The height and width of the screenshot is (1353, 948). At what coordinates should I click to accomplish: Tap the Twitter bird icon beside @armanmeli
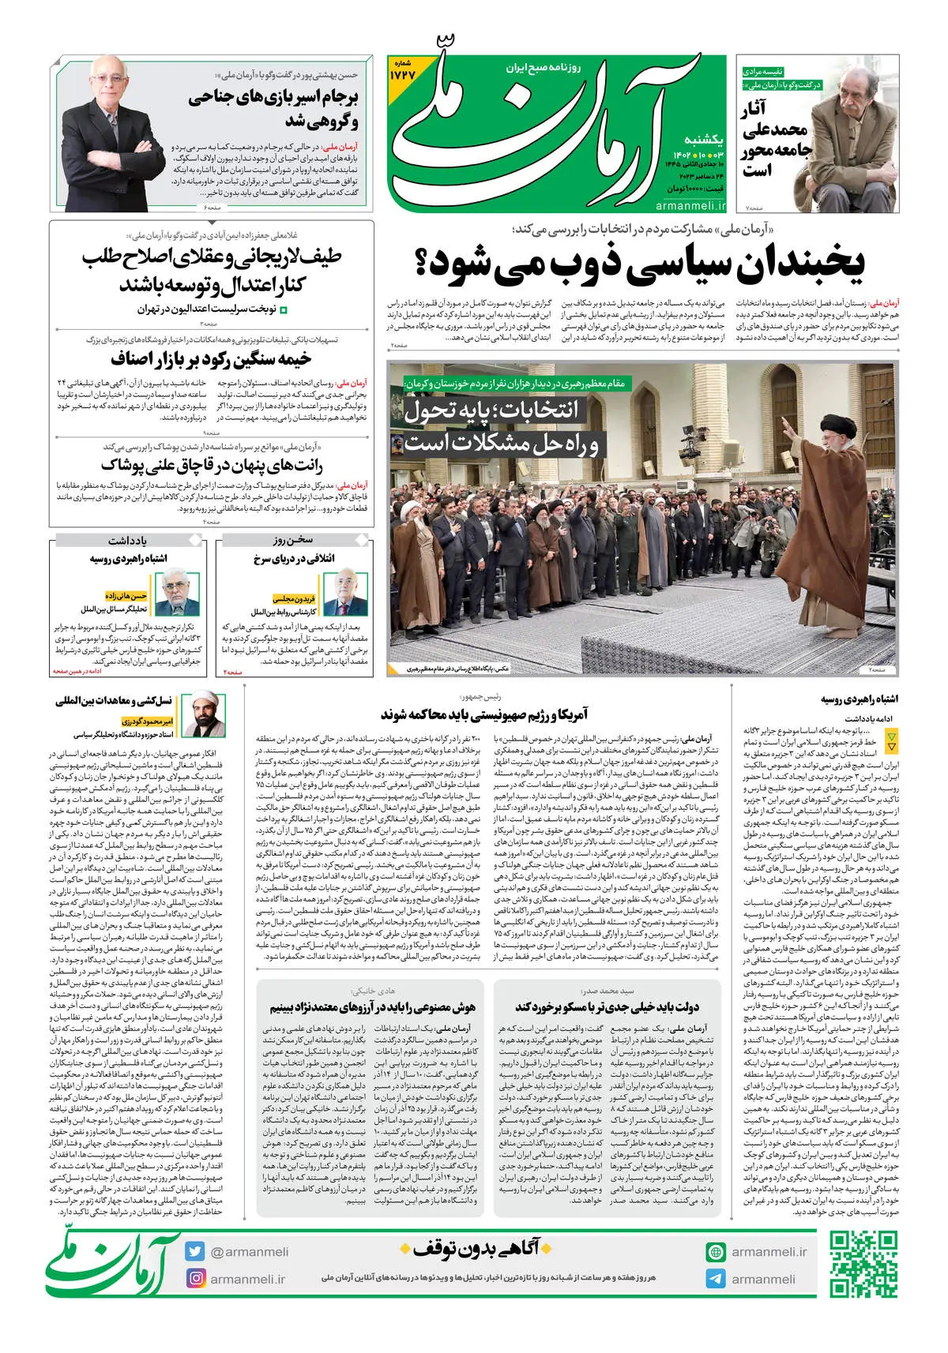coord(195,1251)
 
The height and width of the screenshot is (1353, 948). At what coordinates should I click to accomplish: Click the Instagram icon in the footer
coord(195,1278)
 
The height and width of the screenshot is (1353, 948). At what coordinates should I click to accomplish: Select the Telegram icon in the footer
coord(716,1279)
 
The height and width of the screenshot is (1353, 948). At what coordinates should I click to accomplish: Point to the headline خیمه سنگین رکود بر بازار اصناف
coord(211,360)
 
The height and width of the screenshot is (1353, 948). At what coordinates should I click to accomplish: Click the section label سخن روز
coord(294,541)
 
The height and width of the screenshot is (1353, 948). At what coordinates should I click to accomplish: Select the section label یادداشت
coord(128,541)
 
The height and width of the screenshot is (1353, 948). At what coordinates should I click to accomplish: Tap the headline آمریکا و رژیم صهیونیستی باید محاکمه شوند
coord(484,714)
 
